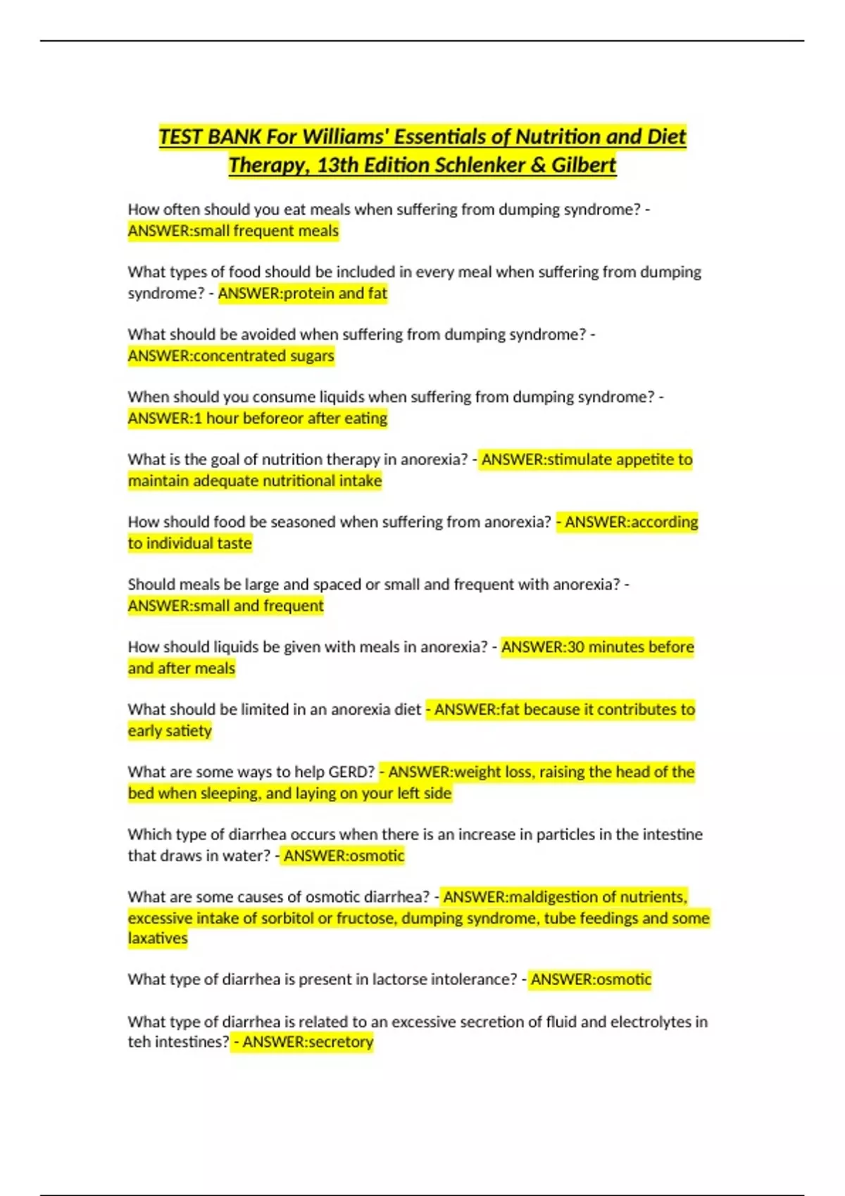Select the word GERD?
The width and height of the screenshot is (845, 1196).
click(x=351, y=772)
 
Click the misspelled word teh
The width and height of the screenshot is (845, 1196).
click(x=139, y=1042)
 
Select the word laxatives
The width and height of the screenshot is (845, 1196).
click(x=158, y=939)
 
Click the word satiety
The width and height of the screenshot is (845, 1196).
click(x=189, y=731)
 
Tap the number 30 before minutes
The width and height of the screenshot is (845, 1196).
click(x=575, y=647)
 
